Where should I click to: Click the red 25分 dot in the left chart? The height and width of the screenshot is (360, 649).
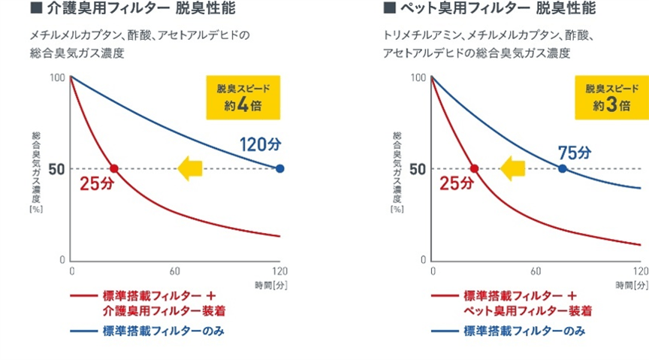coord(114,168)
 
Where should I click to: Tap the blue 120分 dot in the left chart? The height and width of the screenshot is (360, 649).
coord(280,168)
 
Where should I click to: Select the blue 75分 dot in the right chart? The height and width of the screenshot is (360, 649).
coord(563,168)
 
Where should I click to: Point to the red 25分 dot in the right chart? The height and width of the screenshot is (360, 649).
coord(474,168)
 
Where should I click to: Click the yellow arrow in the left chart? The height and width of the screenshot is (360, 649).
coord(191,168)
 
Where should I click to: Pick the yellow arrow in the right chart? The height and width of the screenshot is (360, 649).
coord(515,168)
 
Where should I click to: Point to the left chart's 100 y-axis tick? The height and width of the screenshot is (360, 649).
coord(57,78)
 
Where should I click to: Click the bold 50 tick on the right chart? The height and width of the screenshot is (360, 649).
coord(417,168)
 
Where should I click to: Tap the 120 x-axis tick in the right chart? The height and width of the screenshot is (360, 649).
coord(640,271)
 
